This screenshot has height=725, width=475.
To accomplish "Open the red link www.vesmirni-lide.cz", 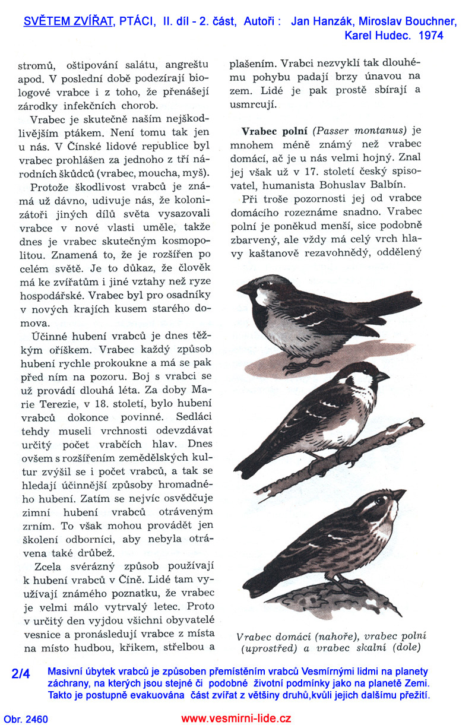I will [x=236, y=718].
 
